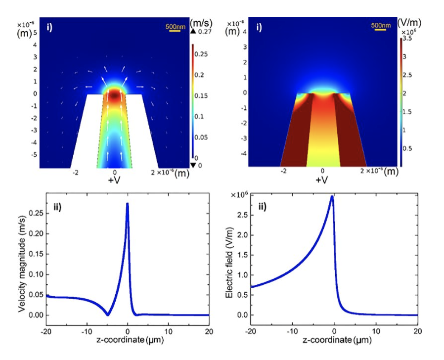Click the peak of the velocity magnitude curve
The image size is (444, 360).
click(x=128, y=203)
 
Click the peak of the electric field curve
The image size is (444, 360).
click(x=332, y=196)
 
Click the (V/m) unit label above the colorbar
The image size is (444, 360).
click(x=409, y=23)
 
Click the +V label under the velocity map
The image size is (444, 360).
click(x=115, y=180)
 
